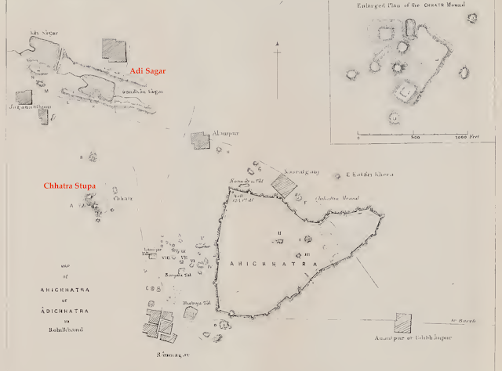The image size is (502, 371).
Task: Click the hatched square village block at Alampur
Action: (202, 141)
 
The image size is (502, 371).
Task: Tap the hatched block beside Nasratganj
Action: (285, 185)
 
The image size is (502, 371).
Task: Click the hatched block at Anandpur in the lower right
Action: (404, 322)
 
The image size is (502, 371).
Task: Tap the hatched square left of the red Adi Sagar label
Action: (114, 49)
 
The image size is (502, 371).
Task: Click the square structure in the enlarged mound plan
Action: (405, 95)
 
